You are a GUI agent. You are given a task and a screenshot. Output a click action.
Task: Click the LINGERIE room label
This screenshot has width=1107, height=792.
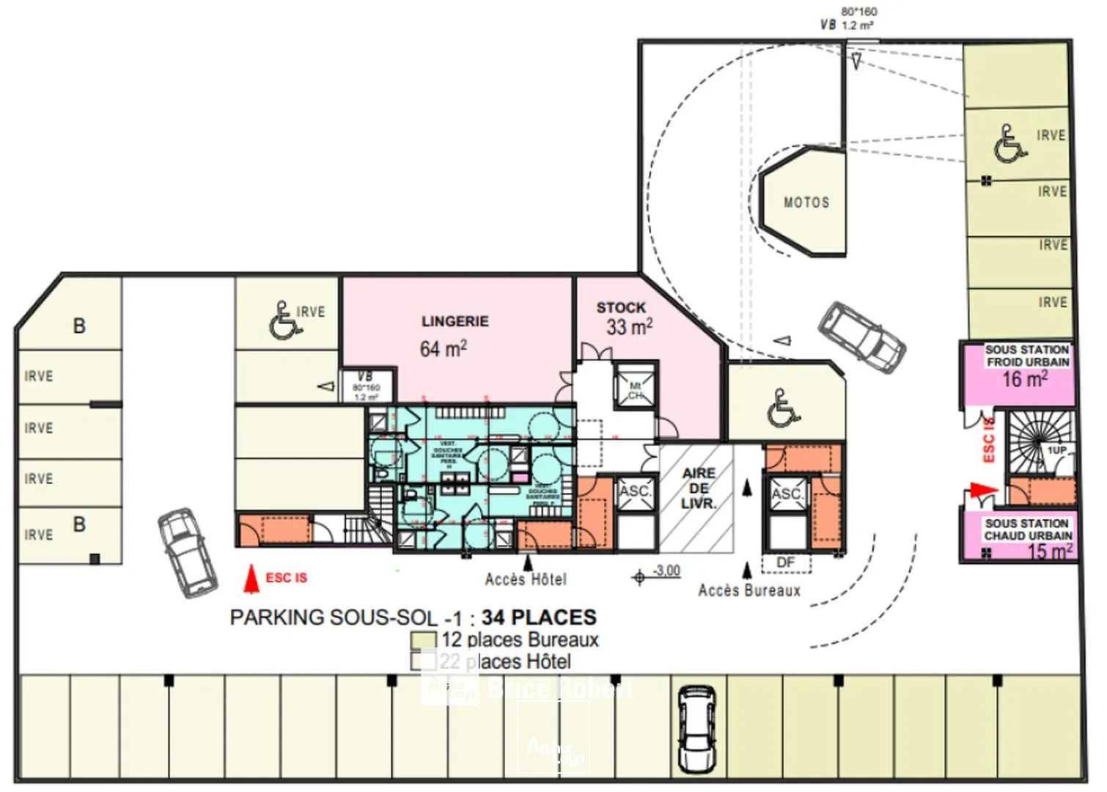pyautogui.click(x=455, y=321)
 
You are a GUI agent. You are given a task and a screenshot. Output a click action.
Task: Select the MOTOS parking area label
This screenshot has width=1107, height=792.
pyautogui.click(x=806, y=202)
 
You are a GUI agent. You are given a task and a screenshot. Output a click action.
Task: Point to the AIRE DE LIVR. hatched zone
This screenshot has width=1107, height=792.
pyautogui.click(x=697, y=489)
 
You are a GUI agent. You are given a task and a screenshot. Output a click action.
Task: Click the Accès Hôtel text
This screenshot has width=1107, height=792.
pyautogui.click(x=526, y=579)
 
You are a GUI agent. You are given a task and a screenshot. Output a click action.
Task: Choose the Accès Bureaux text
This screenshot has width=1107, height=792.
pyautogui.click(x=749, y=590)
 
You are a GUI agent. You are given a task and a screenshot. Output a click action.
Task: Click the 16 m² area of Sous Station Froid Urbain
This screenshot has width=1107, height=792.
pyautogui.click(x=1024, y=380)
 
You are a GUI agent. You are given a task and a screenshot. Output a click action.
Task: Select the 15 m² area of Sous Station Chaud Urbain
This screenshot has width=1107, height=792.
pyautogui.click(x=1049, y=551)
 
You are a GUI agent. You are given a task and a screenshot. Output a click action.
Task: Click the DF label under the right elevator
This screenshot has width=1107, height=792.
pyautogui.click(x=785, y=562)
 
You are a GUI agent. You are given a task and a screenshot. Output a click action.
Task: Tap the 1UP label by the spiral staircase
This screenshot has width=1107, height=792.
pyautogui.click(x=1056, y=450)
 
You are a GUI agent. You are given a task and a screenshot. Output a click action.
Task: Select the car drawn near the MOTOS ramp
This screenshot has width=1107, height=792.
pyautogui.click(x=862, y=337)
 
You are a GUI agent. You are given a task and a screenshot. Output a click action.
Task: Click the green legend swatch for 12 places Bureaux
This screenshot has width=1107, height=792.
pyautogui.click(x=423, y=641)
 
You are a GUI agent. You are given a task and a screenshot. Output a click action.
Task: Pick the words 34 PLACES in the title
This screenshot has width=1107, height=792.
pyautogui.click(x=539, y=617)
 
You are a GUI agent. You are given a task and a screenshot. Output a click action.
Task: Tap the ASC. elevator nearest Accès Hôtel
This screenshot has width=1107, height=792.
pyautogui.click(x=634, y=491)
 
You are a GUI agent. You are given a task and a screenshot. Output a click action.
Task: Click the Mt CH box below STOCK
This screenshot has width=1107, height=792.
pyautogui.click(x=635, y=390)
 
